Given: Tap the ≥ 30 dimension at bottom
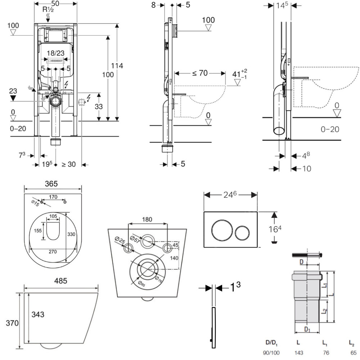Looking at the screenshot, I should (68, 165).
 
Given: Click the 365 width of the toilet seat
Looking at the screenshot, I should (53, 183).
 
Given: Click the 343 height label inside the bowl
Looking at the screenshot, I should (37, 314).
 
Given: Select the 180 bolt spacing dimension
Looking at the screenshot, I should (147, 219).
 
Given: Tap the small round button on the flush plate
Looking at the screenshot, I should (242, 233).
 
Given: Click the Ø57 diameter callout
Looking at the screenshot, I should (135, 238).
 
